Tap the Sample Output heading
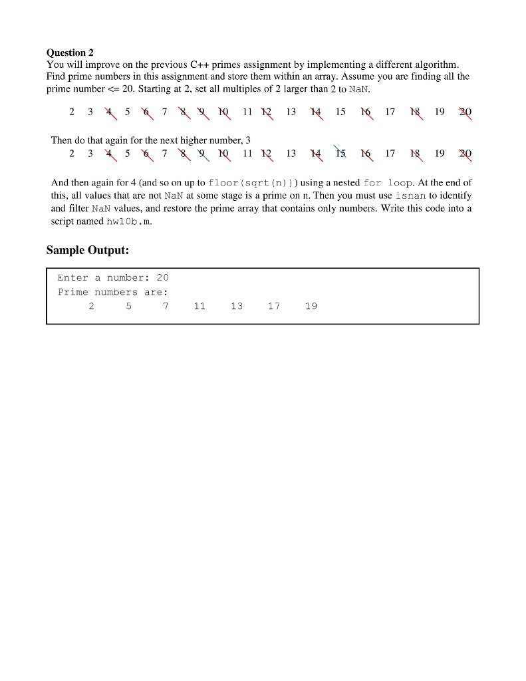[87, 250]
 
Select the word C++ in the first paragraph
[200, 65]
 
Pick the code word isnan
[410, 196]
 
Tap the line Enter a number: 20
[113, 277]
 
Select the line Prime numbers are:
[113, 292]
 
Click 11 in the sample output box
[199, 307]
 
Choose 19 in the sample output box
[311, 307]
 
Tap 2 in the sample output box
[91, 307]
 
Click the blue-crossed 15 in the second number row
[340, 154]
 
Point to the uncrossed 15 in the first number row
[340, 112]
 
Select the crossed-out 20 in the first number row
[464, 112]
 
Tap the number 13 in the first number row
[291, 112]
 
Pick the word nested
[346, 182]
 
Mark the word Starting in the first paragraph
[156, 88]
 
